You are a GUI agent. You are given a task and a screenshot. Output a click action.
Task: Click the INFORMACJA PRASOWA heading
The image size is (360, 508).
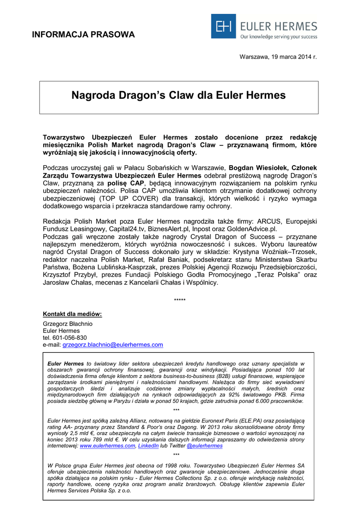click(x=83, y=35)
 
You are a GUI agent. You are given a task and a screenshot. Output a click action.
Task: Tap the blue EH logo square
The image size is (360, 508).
click(x=223, y=26)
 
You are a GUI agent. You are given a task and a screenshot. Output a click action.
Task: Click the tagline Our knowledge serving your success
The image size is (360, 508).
click(x=278, y=37)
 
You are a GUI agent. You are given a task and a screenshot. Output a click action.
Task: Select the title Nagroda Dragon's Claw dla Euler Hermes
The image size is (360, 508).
click(x=179, y=95)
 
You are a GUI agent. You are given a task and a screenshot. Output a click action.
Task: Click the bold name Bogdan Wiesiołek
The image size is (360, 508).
click(x=254, y=168)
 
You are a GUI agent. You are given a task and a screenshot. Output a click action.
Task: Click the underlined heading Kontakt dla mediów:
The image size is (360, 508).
click(x=72, y=314)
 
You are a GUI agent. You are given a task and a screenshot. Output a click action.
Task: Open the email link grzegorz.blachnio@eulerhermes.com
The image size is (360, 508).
click(x=113, y=344)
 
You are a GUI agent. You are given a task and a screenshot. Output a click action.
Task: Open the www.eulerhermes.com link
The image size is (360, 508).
click(x=107, y=446)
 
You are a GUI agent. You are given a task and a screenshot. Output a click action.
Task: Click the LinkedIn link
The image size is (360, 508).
click(x=148, y=446)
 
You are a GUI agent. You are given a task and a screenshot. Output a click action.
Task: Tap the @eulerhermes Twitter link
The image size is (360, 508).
click(x=205, y=446)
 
